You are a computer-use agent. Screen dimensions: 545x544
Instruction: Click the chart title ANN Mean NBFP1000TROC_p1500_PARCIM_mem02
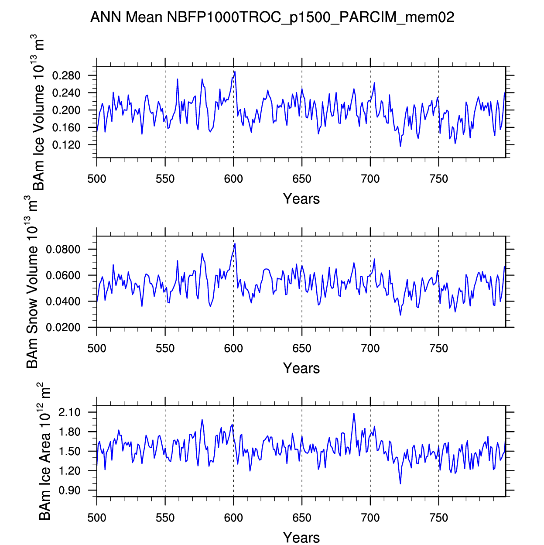point(272,17)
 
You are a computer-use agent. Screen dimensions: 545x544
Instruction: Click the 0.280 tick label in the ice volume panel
point(66,76)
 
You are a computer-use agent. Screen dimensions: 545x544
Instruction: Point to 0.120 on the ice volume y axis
point(66,145)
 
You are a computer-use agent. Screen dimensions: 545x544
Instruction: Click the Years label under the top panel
point(301,199)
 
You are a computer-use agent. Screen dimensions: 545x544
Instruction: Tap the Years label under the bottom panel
point(301,538)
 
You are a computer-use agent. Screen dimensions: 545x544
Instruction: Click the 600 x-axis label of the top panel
point(233,179)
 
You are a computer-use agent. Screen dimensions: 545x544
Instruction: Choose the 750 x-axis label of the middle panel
point(438,349)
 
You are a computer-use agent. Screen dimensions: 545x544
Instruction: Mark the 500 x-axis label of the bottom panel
point(97,518)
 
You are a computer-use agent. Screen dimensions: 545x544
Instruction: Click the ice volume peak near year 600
point(235,72)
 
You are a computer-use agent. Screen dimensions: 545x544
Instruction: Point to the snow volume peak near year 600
point(235,243)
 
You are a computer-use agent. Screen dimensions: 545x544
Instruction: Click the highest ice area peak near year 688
point(354,413)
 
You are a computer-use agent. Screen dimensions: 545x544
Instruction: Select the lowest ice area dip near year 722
point(400,483)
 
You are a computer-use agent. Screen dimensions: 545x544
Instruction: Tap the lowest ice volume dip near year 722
point(400,146)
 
